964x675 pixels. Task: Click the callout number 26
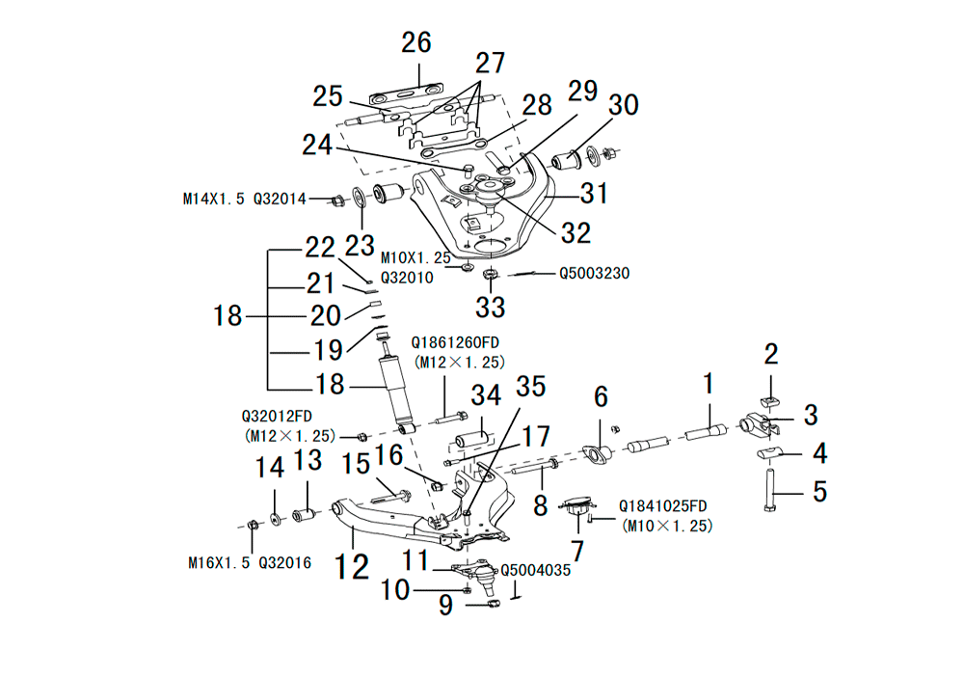(x=416, y=43)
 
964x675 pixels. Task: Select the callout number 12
(x=352, y=566)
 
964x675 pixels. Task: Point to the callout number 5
(x=819, y=492)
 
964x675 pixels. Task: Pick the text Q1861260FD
(x=458, y=342)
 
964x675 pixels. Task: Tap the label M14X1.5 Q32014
(x=245, y=200)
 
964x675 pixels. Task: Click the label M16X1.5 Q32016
(x=250, y=562)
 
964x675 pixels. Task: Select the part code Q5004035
(x=536, y=570)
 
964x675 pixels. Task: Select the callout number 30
(x=623, y=105)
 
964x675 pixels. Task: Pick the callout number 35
(x=529, y=387)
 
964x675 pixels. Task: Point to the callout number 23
(x=360, y=244)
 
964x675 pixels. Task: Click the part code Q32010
(x=407, y=278)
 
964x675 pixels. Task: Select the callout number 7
(x=578, y=552)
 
